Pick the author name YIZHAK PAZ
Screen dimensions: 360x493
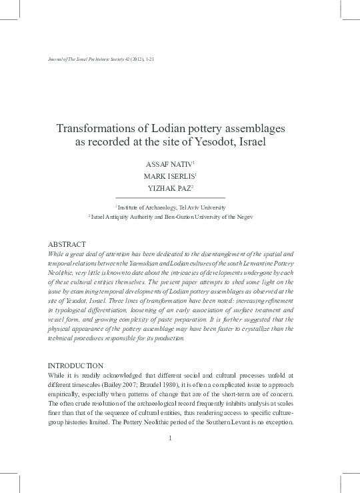click(171, 189)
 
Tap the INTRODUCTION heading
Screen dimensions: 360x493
click(77, 366)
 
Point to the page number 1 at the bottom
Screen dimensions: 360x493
click(171, 438)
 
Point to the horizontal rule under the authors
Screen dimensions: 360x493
click(170, 198)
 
